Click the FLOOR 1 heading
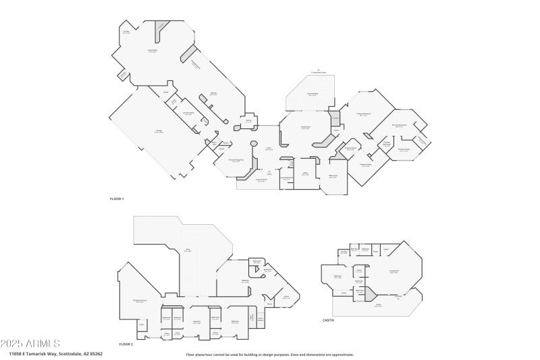tap(117, 199)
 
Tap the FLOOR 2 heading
tap(126, 344)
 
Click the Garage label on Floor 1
tap(159, 132)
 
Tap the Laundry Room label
tap(188, 113)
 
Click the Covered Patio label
tap(313, 95)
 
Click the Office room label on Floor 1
tap(305, 174)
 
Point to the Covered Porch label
tap(261, 180)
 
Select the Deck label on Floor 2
tap(187, 251)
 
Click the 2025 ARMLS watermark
tap(31, 343)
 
